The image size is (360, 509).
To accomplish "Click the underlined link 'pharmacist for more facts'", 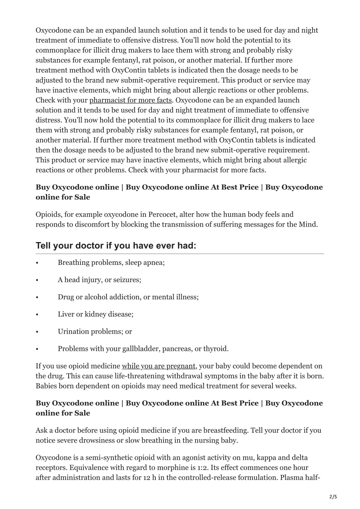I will click(130, 100).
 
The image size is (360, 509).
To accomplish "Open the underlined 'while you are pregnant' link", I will click(158, 366).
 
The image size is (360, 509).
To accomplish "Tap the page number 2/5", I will click(333, 496).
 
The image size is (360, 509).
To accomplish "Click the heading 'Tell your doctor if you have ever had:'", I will click(116, 246).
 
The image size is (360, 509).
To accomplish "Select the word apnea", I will click(153, 262).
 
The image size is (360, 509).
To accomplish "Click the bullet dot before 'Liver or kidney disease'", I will click(37, 315).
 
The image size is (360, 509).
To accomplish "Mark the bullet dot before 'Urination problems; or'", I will click(37, 332).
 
